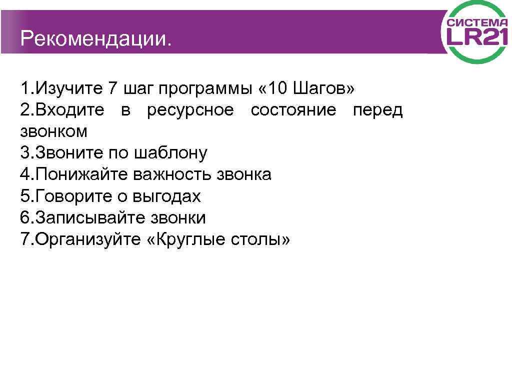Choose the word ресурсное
click(190, 110)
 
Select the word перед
click(377, 110)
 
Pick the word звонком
click(54, 131)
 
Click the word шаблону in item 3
click(170, 153)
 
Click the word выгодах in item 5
click(166, 196)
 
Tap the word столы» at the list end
click(260, 239)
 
